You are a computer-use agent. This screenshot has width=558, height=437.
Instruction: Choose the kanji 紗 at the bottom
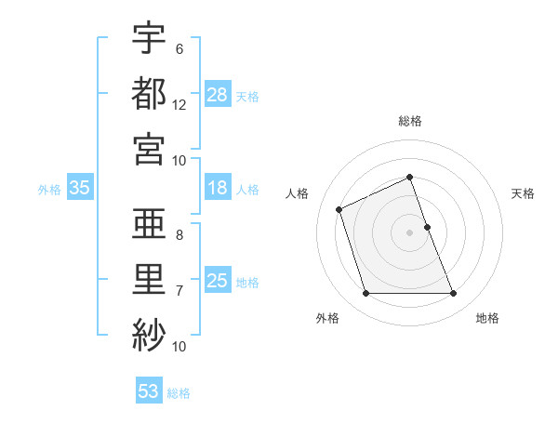coord(149,334)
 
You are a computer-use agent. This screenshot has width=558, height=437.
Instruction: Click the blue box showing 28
coord(218,95)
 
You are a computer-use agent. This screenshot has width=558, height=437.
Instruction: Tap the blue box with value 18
coord(218,189)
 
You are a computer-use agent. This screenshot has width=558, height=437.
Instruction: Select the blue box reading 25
coord(218,282)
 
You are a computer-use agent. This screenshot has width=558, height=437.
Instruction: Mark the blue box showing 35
coord(79,189)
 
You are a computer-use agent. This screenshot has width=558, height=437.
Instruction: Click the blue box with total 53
coord(149,391)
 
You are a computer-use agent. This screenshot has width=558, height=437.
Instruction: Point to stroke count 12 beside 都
coord(179,106)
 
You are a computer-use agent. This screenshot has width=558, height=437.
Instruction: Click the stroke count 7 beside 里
coord(179,291)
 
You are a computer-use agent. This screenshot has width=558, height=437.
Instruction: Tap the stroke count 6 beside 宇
coord(179,49)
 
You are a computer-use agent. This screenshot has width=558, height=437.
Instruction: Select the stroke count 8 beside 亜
coord(179,235)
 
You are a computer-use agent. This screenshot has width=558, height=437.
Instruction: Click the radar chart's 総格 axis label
coord(410,122)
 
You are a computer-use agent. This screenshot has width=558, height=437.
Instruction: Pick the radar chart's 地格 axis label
coord(487,319)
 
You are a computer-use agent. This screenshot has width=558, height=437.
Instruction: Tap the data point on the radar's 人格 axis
coord(339,208)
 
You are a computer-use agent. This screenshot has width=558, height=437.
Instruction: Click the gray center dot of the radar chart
coord(410,232)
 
